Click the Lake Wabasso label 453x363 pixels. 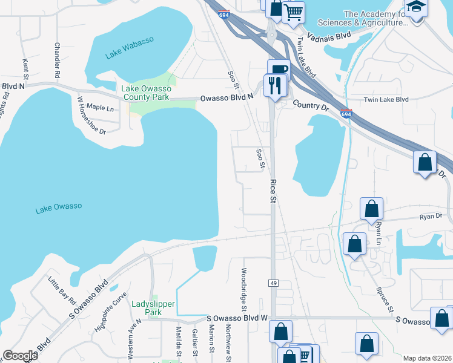(130, 48)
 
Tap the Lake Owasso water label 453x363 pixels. (58, 208)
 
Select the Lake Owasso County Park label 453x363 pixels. (147, 93)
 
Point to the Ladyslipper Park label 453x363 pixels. (154, 308)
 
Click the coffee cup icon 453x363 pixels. (279, 70)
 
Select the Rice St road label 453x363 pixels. (273, 190)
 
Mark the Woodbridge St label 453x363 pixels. (244, 289)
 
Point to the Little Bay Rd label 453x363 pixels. (62, 292)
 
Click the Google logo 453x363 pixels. (20, 355)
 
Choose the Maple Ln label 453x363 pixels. (100, 107)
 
